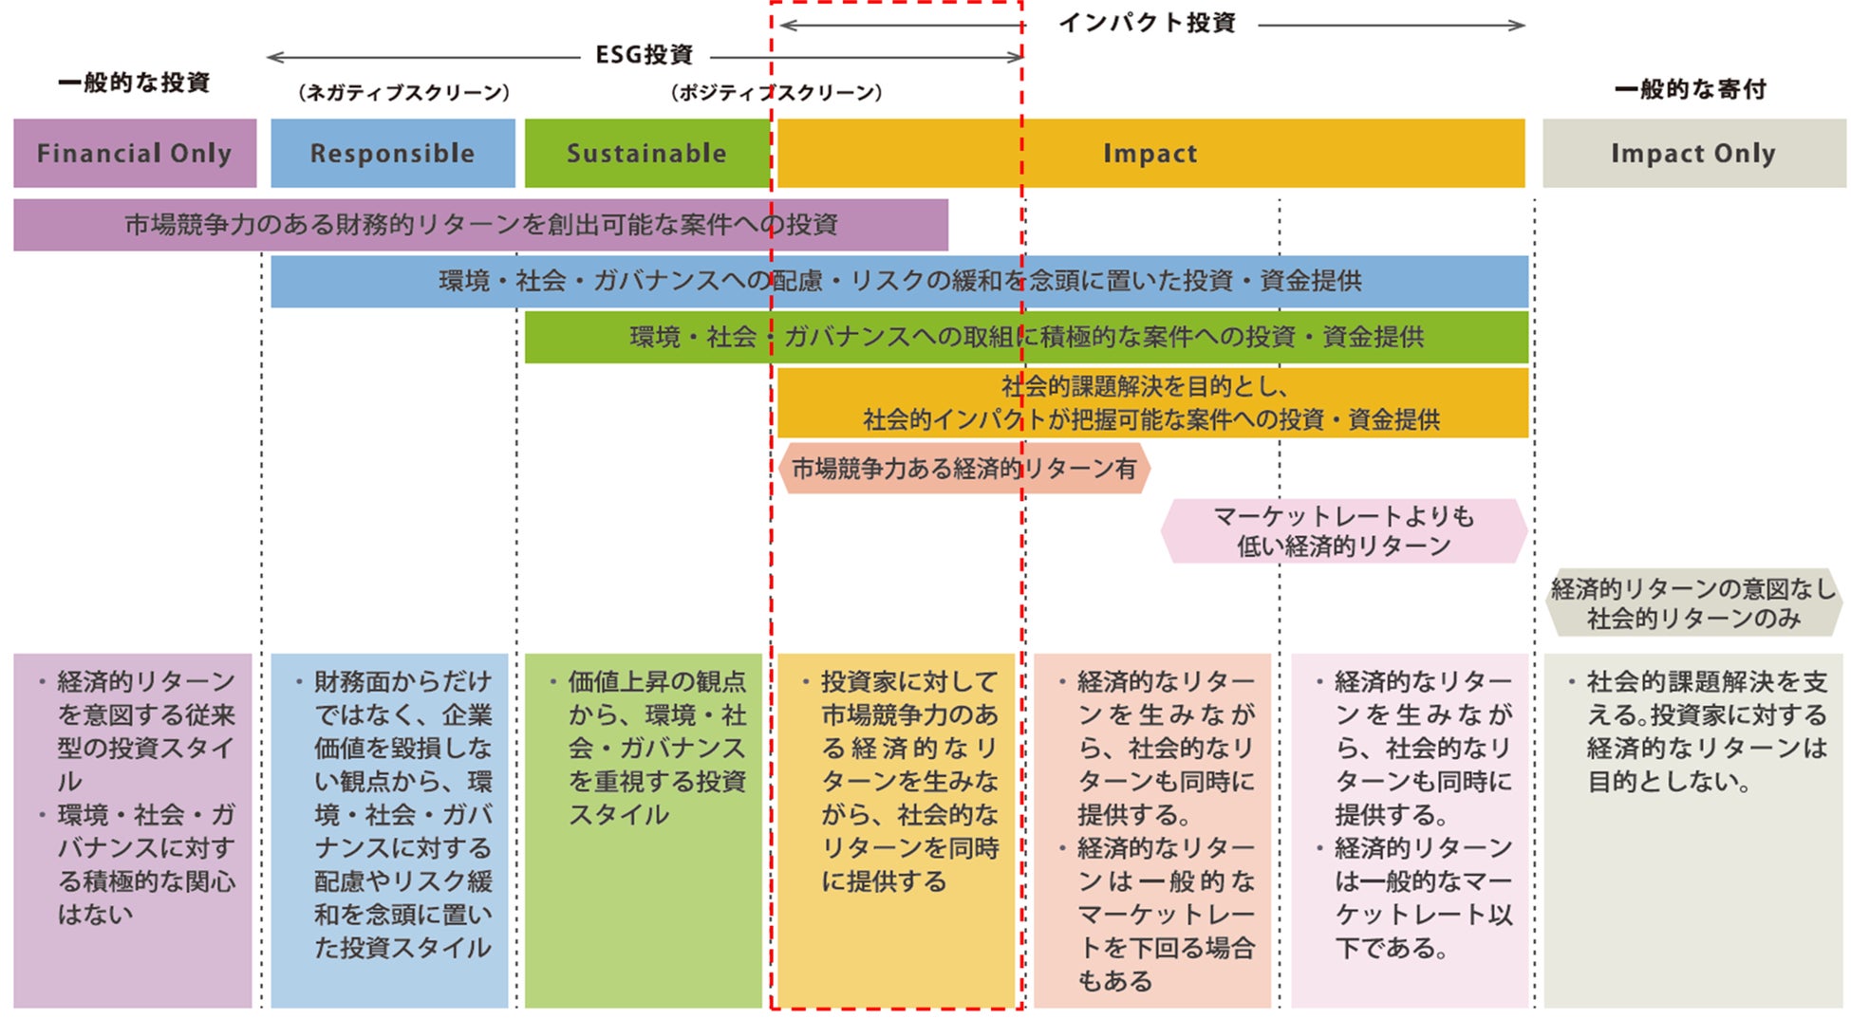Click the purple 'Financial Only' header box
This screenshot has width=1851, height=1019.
[135, 153]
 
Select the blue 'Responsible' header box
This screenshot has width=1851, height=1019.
[392, 153]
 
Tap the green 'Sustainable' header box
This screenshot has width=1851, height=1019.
[646, 153]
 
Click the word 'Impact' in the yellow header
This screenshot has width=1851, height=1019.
[1150, 153]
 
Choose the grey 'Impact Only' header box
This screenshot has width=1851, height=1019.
[1693, 153]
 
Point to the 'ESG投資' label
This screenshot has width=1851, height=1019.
[645, 55]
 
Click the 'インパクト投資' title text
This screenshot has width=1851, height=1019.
[1147, 23]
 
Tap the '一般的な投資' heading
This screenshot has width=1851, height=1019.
[134, 83]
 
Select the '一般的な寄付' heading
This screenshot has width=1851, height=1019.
[1691, 89]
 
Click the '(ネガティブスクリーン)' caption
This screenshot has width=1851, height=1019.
[404, 92]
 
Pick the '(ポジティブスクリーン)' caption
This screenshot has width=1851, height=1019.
[776, 92]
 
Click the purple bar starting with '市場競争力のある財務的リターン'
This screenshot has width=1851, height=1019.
[480, 225]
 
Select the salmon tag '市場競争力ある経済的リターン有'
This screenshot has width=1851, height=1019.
[963, 469]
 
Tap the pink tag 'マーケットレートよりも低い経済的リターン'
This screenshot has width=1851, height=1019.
[1343, 531]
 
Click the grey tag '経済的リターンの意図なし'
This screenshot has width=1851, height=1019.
[1693, 603]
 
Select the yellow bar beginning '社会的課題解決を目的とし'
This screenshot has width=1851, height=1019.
[1151, 402]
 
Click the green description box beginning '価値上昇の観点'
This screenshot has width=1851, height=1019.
[644, 830]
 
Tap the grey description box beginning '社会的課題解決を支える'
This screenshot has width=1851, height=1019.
[1693, 830]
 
